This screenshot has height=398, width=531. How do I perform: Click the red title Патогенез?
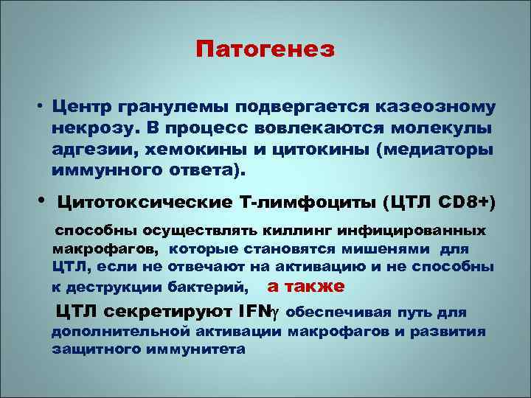click(x=265, y=50)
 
